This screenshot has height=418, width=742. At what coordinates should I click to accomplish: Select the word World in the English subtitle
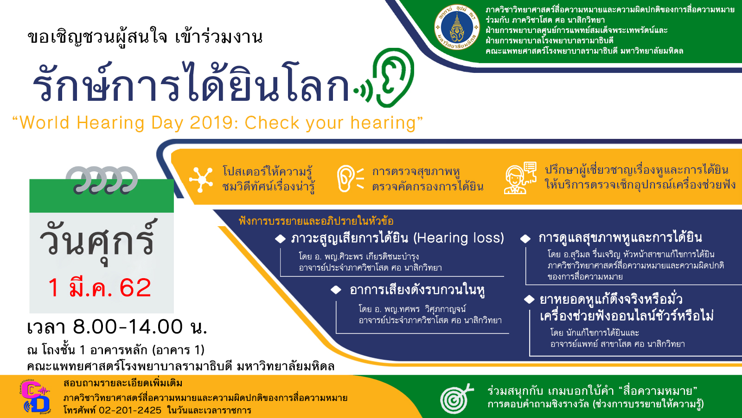pos(45,123)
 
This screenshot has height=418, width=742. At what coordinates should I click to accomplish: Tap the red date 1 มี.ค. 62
pos(100,287)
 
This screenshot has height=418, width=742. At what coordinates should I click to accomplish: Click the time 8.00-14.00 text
pos(128,327)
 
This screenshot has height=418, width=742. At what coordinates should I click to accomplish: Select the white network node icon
pos(201,179)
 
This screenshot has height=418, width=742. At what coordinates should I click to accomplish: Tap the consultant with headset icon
pos(520,177)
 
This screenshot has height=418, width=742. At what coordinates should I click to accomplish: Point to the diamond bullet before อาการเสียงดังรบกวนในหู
pos(336,290)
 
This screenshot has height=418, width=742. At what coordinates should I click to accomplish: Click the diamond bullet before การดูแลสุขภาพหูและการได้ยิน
pos(525,239)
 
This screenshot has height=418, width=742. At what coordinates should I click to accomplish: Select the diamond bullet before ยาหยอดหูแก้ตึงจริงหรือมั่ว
pos(529,299)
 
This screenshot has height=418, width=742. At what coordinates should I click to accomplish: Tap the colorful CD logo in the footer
pos(35,397)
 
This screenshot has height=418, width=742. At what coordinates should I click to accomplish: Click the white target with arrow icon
pos(457,398)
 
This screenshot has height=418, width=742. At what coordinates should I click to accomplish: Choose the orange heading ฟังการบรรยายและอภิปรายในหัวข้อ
pos(316,221)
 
